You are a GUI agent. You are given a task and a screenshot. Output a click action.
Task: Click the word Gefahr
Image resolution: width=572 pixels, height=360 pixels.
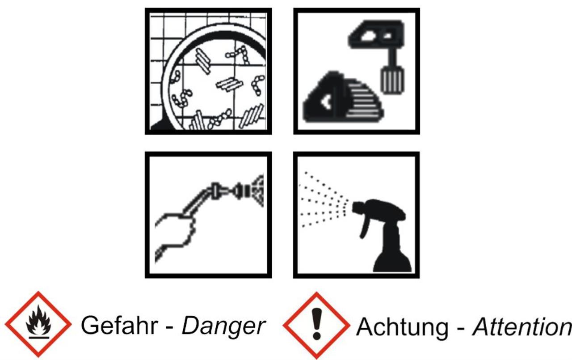coord(119,325)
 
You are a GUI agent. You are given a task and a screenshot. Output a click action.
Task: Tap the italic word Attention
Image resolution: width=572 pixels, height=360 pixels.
coord(522,327)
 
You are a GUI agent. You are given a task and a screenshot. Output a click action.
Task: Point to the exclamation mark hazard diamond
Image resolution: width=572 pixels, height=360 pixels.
coord(316,326)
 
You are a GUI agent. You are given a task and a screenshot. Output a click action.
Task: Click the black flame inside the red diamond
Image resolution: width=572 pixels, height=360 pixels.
coord(38,321)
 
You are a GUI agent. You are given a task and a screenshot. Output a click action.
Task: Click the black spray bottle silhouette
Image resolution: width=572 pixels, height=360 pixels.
coord(383,235)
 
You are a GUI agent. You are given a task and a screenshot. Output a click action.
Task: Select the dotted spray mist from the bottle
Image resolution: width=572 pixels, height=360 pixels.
coord(324,200)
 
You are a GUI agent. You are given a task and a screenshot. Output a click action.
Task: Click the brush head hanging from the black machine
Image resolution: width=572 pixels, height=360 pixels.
coord(392,80)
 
